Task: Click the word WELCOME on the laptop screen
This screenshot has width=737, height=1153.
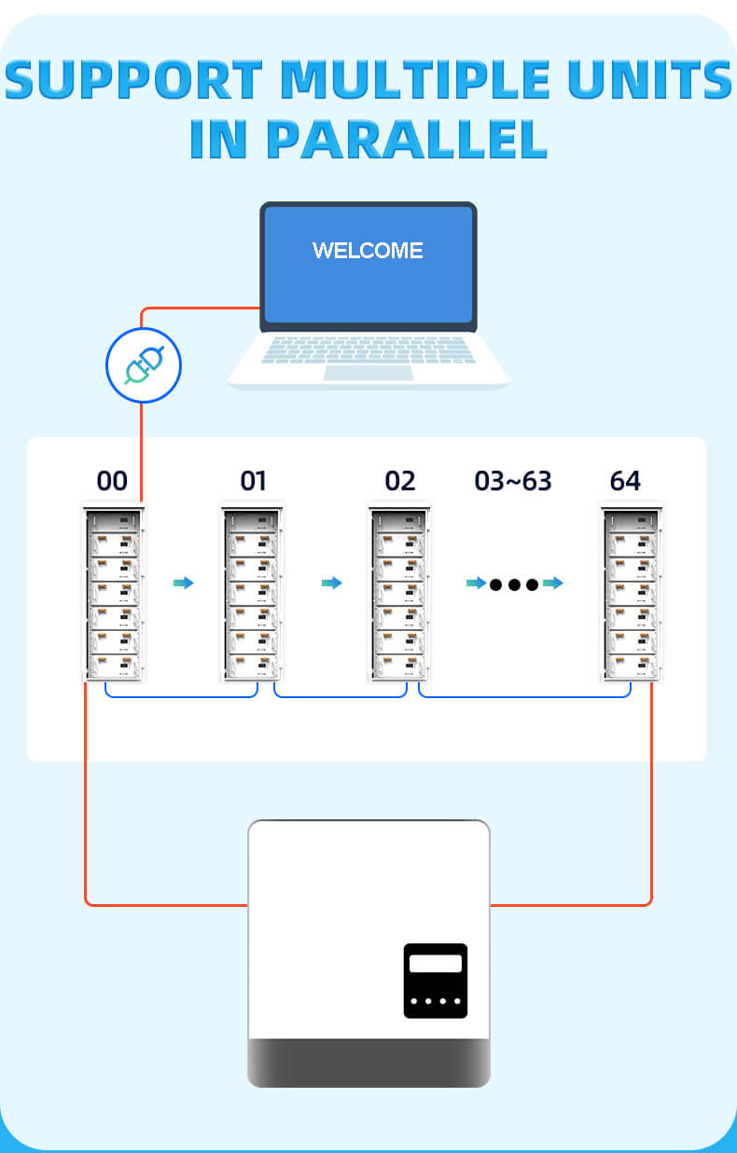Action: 368,251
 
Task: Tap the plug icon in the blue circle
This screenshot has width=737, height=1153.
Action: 143,365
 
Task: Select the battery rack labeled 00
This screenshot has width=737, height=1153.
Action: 114,594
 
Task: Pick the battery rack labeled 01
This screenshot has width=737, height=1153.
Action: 252,594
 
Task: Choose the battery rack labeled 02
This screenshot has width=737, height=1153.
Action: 398,594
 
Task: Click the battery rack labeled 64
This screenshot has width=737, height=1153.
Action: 631,594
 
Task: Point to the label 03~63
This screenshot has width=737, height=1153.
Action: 513,481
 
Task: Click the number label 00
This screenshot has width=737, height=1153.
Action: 112,481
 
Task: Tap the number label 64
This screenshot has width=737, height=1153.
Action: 625,481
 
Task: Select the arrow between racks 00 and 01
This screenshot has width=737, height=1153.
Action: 184,583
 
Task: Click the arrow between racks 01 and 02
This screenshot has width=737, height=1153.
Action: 331,583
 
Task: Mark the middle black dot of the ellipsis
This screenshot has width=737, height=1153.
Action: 514,584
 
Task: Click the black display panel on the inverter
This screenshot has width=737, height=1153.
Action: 435,981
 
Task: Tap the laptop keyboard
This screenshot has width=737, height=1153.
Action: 368,350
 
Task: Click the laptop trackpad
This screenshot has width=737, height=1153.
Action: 368,372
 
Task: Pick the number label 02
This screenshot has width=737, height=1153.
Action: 399,481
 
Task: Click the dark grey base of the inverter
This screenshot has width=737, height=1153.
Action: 368,1063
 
